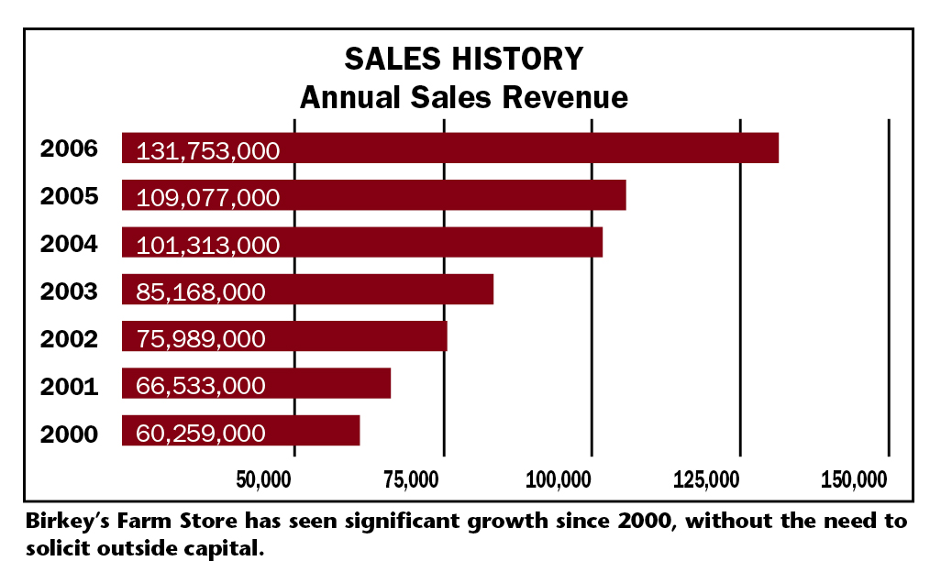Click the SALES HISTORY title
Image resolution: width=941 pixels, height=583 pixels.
click(x=463, y=59)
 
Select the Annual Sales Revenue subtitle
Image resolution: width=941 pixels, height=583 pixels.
click(x=463, y=97)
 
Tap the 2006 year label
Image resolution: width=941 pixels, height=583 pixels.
click(x=69, y=148)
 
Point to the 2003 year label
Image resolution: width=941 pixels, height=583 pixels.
click(x=69, y=291)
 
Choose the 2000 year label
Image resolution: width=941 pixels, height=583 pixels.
click(x=69, y=433)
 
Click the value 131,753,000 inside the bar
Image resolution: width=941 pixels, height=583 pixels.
click(x=207, y=151)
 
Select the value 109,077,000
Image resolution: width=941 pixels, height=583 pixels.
click(x=207, y=198)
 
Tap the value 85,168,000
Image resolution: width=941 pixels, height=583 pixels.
click(x=200, y=293)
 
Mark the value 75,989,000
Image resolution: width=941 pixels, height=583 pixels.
click(x=200, y=340)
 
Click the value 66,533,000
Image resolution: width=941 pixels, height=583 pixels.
click(x=200, y=387)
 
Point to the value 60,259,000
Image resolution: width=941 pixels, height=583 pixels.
click(x=200, y=434)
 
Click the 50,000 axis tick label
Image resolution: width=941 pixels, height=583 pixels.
click(x=264, y=479)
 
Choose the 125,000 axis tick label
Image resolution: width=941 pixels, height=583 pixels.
click(x=706, y=479)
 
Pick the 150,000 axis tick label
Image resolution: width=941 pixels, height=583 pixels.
click(x=855, y=479)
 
